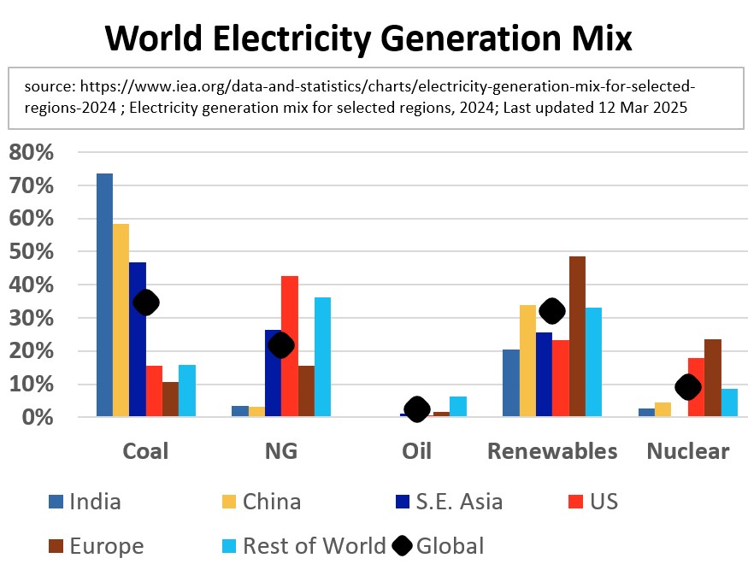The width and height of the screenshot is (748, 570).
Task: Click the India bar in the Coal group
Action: click(104, 295)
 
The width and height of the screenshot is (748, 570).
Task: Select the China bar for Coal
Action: click(121, 320)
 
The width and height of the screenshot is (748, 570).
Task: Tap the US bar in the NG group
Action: click(290, 346)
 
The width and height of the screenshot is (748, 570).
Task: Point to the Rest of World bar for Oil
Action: click(458, 407)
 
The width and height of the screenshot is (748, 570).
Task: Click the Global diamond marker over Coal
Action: click(146, 303)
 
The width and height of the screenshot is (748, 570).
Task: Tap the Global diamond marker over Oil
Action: click(417, 409)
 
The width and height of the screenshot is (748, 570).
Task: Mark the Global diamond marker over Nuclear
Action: click(688, 387)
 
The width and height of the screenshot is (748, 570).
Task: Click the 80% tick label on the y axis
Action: click(32, 153)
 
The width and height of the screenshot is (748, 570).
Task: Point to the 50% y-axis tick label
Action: click(32, 252)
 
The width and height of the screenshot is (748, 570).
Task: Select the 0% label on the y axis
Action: click(38, 418)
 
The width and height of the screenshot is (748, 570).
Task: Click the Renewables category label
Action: click(552, 451)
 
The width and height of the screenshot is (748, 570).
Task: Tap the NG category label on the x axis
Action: click(282, 451)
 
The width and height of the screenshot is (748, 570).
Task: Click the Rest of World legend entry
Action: click(314, 545)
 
